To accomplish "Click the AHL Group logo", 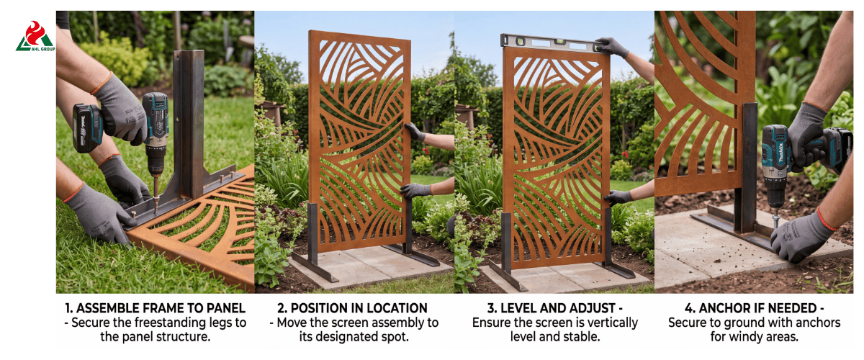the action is [35, 36].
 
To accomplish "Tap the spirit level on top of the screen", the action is [552, 42].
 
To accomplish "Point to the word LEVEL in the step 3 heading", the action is [518, 308].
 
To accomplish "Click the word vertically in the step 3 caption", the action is [608, 323].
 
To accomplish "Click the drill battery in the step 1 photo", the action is [87, 127].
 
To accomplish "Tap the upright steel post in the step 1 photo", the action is [189, 123].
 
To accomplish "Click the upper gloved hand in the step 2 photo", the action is [415, 132].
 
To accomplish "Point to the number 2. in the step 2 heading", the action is [282, 308].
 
